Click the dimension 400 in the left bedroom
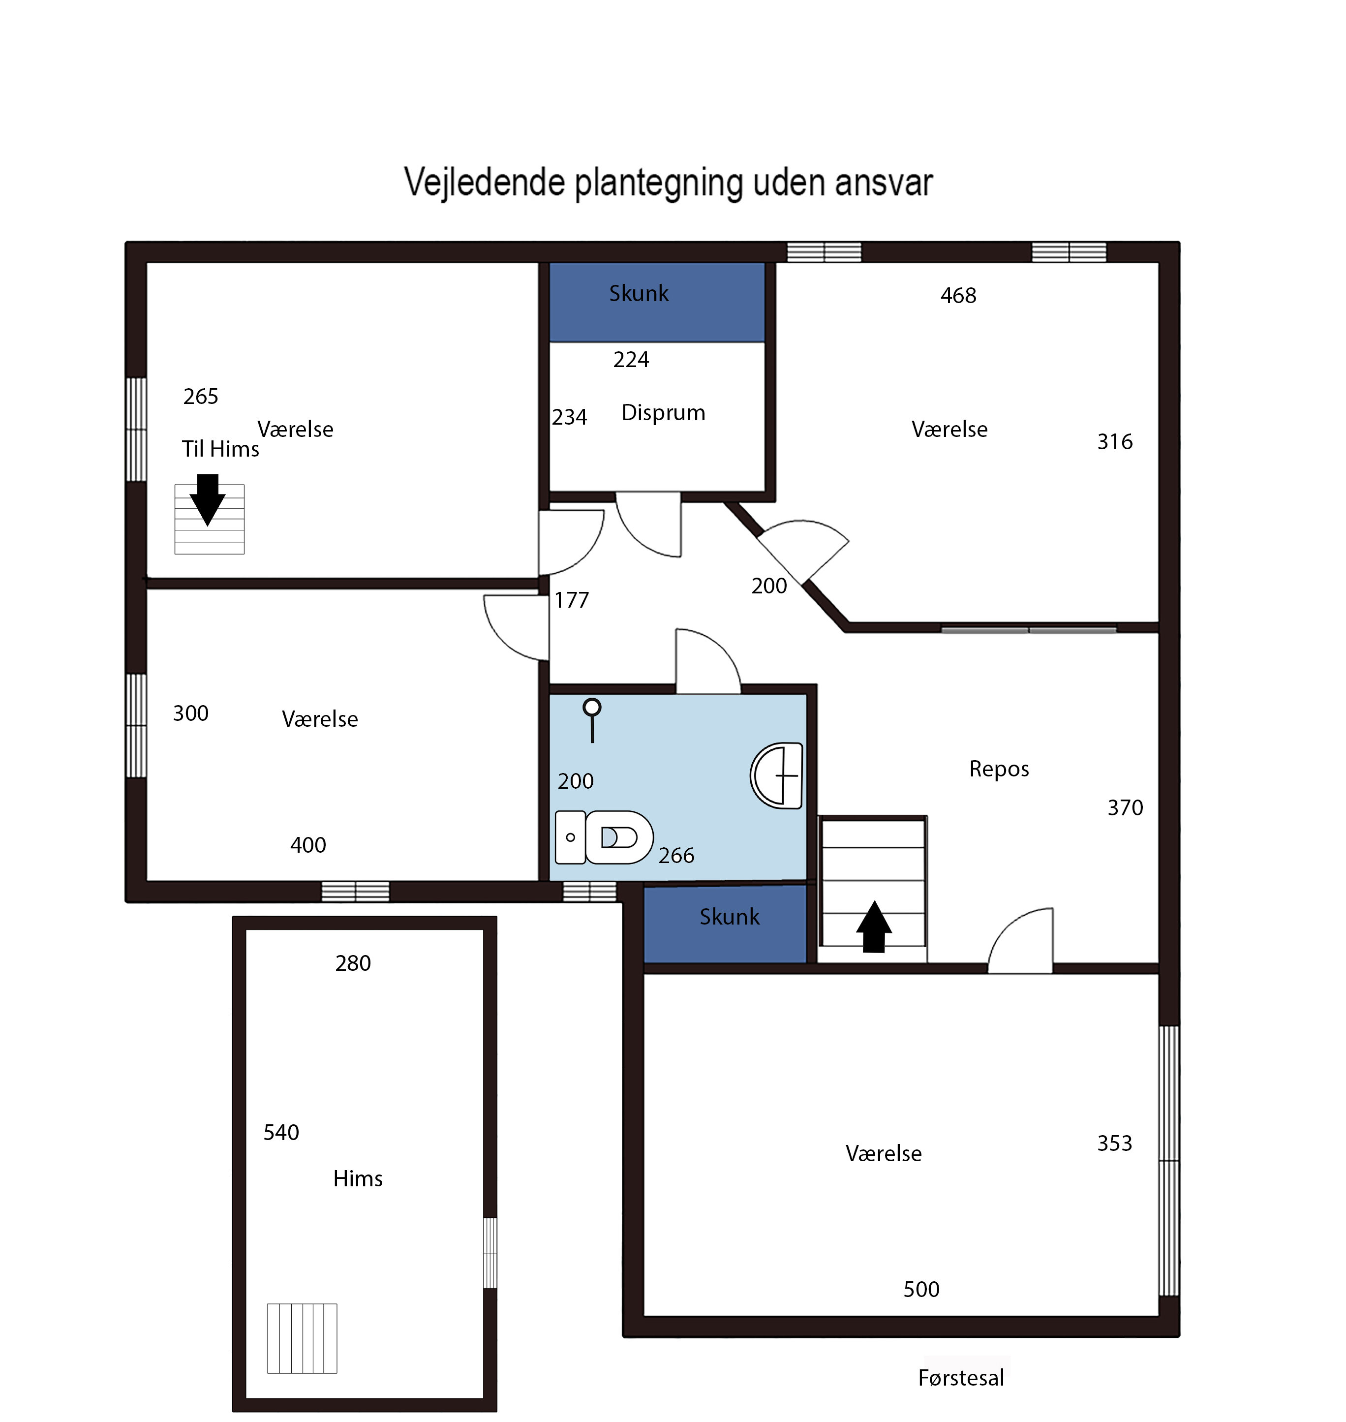click(x=308, y=845)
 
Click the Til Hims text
click(x=220, y=449)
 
